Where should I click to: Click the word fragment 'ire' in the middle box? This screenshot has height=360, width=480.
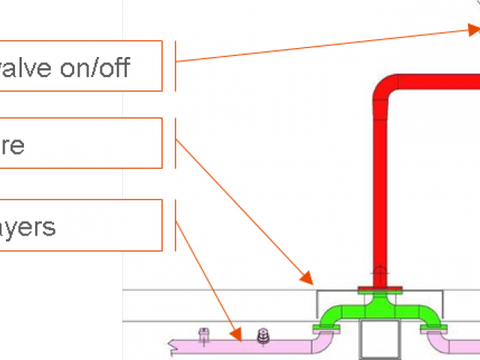pyautogui.click(x=12, y=145)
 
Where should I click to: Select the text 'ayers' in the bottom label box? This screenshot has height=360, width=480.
pyautogui.click(x=28, y=226)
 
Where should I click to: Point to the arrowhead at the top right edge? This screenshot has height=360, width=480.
pyautogui.click(x=472, y=30)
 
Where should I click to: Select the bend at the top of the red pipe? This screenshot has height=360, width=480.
pyautogui.click(x=385, y=85)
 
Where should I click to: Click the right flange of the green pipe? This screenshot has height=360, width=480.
pyautogui.click(x=433, y=326)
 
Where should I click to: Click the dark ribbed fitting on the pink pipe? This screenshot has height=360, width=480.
pyautogui.click(x=262, y=337)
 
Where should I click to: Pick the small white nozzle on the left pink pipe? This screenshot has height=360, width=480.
pyautogui.click(x=202, y=335)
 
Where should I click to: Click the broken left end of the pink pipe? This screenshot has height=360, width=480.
pyautogui.click(x=174, y=346)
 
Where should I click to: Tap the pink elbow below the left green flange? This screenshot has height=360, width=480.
pyautogui.click(x=323, y=341)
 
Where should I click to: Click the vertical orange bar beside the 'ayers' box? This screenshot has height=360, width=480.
pyautogui.click(x=175, y=224)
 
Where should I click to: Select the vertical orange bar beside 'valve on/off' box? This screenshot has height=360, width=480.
pyautogui.click(x=175, y=66)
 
